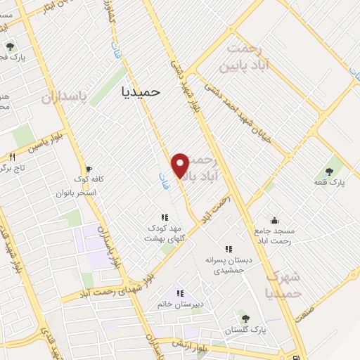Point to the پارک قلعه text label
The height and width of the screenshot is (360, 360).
329,182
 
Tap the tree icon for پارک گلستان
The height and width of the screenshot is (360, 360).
245,319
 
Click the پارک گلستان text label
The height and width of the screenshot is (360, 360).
243,330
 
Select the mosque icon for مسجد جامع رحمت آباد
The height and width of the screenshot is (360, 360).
274,219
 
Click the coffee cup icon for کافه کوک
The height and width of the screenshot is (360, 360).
89,169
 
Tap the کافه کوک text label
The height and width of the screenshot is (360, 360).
91,179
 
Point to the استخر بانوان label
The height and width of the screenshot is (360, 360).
82,191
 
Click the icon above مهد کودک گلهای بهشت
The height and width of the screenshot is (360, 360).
164,217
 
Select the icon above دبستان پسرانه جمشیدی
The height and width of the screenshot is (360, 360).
228,248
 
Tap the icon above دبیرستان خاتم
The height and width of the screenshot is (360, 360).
179,293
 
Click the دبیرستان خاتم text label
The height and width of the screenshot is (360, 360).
179,304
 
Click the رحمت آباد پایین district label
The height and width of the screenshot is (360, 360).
245,57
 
